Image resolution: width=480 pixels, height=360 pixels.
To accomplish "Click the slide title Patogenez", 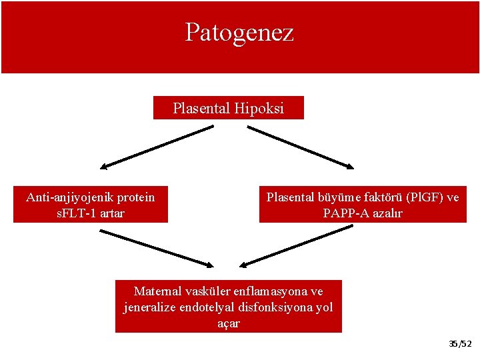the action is [x=239, y=32].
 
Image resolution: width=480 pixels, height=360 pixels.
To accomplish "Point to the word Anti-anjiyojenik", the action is [x=67, y=197].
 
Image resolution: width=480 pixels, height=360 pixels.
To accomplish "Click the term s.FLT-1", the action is [x=77, y=213].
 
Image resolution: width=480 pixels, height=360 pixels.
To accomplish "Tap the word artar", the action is [x=111, y=213].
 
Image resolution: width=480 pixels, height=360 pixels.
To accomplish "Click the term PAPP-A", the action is [x=345, y=213].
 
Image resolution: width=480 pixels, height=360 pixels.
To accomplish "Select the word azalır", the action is [x=386, y=213].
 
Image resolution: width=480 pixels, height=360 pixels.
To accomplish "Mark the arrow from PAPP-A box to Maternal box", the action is [x=296, y=245].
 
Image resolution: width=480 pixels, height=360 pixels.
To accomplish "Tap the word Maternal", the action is [x=159, y=291].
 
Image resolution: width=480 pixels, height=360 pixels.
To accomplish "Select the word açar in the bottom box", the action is [x=229, y=323].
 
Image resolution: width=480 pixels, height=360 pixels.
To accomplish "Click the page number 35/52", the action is [x=460, y=344].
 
